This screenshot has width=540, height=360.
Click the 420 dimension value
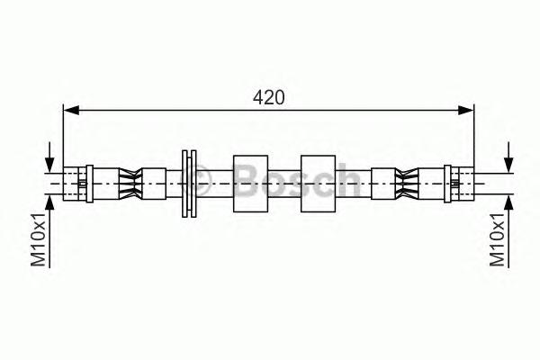coord(268,97)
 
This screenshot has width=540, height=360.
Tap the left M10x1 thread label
coord(38,239)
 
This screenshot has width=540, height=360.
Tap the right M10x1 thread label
coord(498,239)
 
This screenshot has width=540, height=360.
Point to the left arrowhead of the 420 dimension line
coord(71,110)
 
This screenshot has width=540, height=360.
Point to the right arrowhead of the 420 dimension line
coord(466,110)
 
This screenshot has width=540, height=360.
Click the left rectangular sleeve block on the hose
coord(251,184)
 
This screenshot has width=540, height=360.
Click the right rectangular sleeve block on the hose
coord(319,184)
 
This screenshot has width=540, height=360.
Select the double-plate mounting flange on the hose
coord(189,184)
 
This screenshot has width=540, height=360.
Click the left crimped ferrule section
coord(130,184)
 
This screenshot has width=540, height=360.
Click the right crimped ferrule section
coord(407,184)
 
